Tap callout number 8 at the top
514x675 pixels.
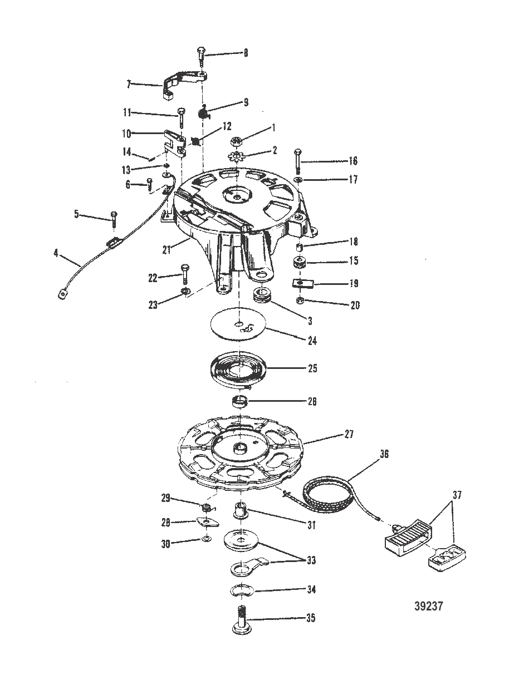click(x=246, y=53)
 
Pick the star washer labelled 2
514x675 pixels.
click(x=236, y=156)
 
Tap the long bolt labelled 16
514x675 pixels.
click(x=297, y=161)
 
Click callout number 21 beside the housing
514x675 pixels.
click(x=167, y=249)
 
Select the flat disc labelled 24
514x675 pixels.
click(x=238, y=324)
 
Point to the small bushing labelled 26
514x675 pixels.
click(x=239, y=402)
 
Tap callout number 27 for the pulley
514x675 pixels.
click(x=349, y=434)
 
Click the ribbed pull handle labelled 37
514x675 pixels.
click(x=408, y=538)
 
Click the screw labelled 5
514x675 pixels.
click(x=114, y=218)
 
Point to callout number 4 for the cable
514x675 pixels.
click(x=56, y=254)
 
